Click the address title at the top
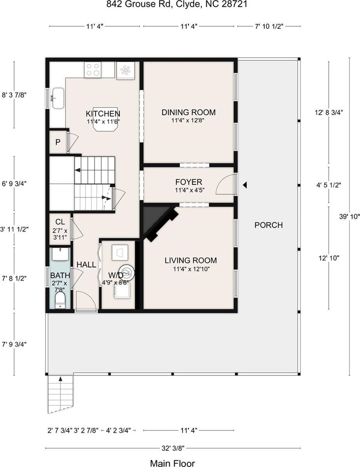click(180, 5)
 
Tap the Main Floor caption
click(172, 463)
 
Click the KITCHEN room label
click(103, 114)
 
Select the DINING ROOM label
click(189, 112)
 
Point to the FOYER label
click(189, 182)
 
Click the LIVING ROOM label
click(190, 260)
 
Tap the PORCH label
click(269, 225)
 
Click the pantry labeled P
click(58, 142)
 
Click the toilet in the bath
click(60, 300)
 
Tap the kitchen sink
click(58, 98)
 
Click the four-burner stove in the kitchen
click(93, 70)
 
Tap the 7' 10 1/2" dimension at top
click(269, 26)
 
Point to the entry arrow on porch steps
click(60, 378)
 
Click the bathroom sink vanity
click(60, 255)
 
